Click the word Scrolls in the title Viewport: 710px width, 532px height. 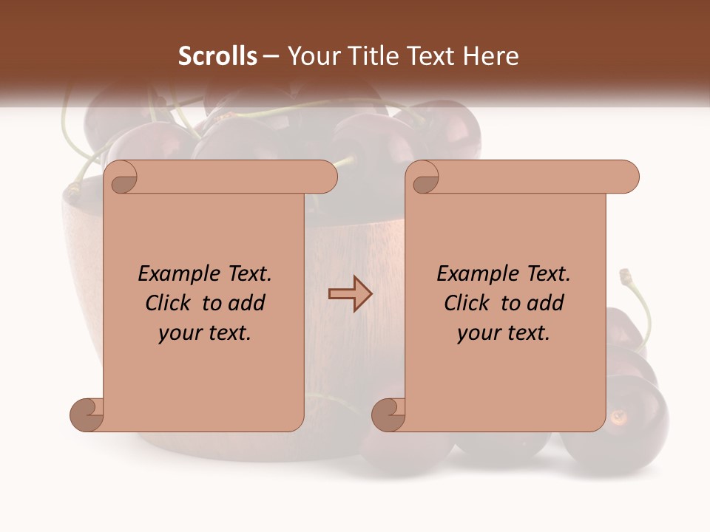pyautogui.click(x=217, y=56)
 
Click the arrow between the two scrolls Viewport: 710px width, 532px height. pyautogui.click(x=350, y=294)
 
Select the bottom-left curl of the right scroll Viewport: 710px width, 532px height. pyautogui.click(x=389, y=415)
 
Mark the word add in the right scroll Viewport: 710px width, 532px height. pyautogui.click(x=546, y=304)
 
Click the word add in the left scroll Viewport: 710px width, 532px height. pyautogui.click(x=247, y=304)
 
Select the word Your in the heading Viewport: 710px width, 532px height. pyautogui.click(x=309, y=56)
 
